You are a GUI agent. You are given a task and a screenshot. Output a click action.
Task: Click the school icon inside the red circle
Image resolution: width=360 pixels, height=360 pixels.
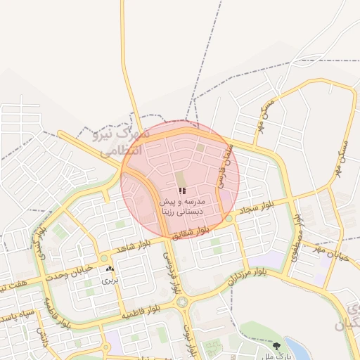coord(182,191)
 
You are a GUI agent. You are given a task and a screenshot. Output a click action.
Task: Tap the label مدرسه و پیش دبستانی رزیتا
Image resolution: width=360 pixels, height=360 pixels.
coord(182,205)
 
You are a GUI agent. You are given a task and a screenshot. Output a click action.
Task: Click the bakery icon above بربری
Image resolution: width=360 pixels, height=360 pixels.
coord(110,269)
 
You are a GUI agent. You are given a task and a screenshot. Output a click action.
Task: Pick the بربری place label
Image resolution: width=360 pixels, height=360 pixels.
coord(110,280)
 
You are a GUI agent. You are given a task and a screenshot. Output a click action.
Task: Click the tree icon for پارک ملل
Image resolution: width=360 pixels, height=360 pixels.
coord(276,346)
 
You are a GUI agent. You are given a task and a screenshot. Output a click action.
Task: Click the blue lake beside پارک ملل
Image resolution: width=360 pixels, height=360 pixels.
coord(298,349)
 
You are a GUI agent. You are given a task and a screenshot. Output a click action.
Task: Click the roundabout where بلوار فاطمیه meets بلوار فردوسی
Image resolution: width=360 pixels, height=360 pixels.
coord(184,302)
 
